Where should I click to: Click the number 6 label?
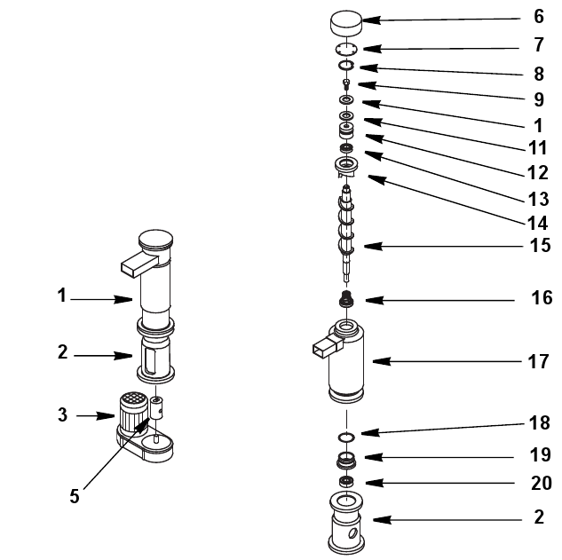tap(539, 17)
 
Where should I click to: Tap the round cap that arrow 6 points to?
tap(345, 23)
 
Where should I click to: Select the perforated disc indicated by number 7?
tap(346, 49)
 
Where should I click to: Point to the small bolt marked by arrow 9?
tap(346, 84)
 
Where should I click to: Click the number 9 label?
tap(539, 99)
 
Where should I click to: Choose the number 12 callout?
tap(538, 173)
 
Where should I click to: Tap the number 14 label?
tap(537, 224)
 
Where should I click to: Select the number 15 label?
tap(540, 246)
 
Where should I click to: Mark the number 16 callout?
tap(542, 298)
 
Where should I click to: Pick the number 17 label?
tap(538, 362)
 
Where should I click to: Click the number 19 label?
tap(540, 455)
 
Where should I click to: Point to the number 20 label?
tap(542, 484)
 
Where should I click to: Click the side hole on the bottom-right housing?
tap(352, 533)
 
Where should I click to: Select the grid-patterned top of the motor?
tap(133, 398)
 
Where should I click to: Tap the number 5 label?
tap(75, 497)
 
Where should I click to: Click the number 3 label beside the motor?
tap(63, 414)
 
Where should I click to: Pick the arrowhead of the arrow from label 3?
tap(106, 416)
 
